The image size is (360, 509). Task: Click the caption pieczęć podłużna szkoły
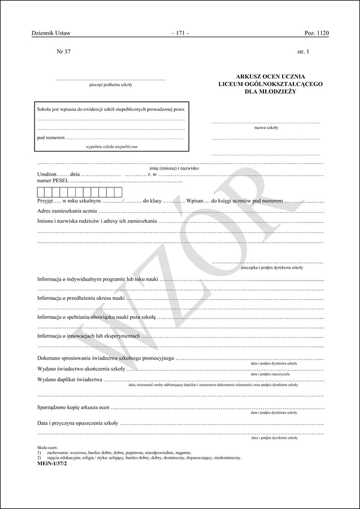pos(111,85)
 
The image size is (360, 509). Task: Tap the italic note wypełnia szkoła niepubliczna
pos(111,146)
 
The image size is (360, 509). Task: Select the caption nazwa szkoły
pos(266,128)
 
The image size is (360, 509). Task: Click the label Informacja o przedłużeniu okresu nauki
pos(81,297)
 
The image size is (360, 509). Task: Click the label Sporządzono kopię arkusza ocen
pos(73,407)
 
